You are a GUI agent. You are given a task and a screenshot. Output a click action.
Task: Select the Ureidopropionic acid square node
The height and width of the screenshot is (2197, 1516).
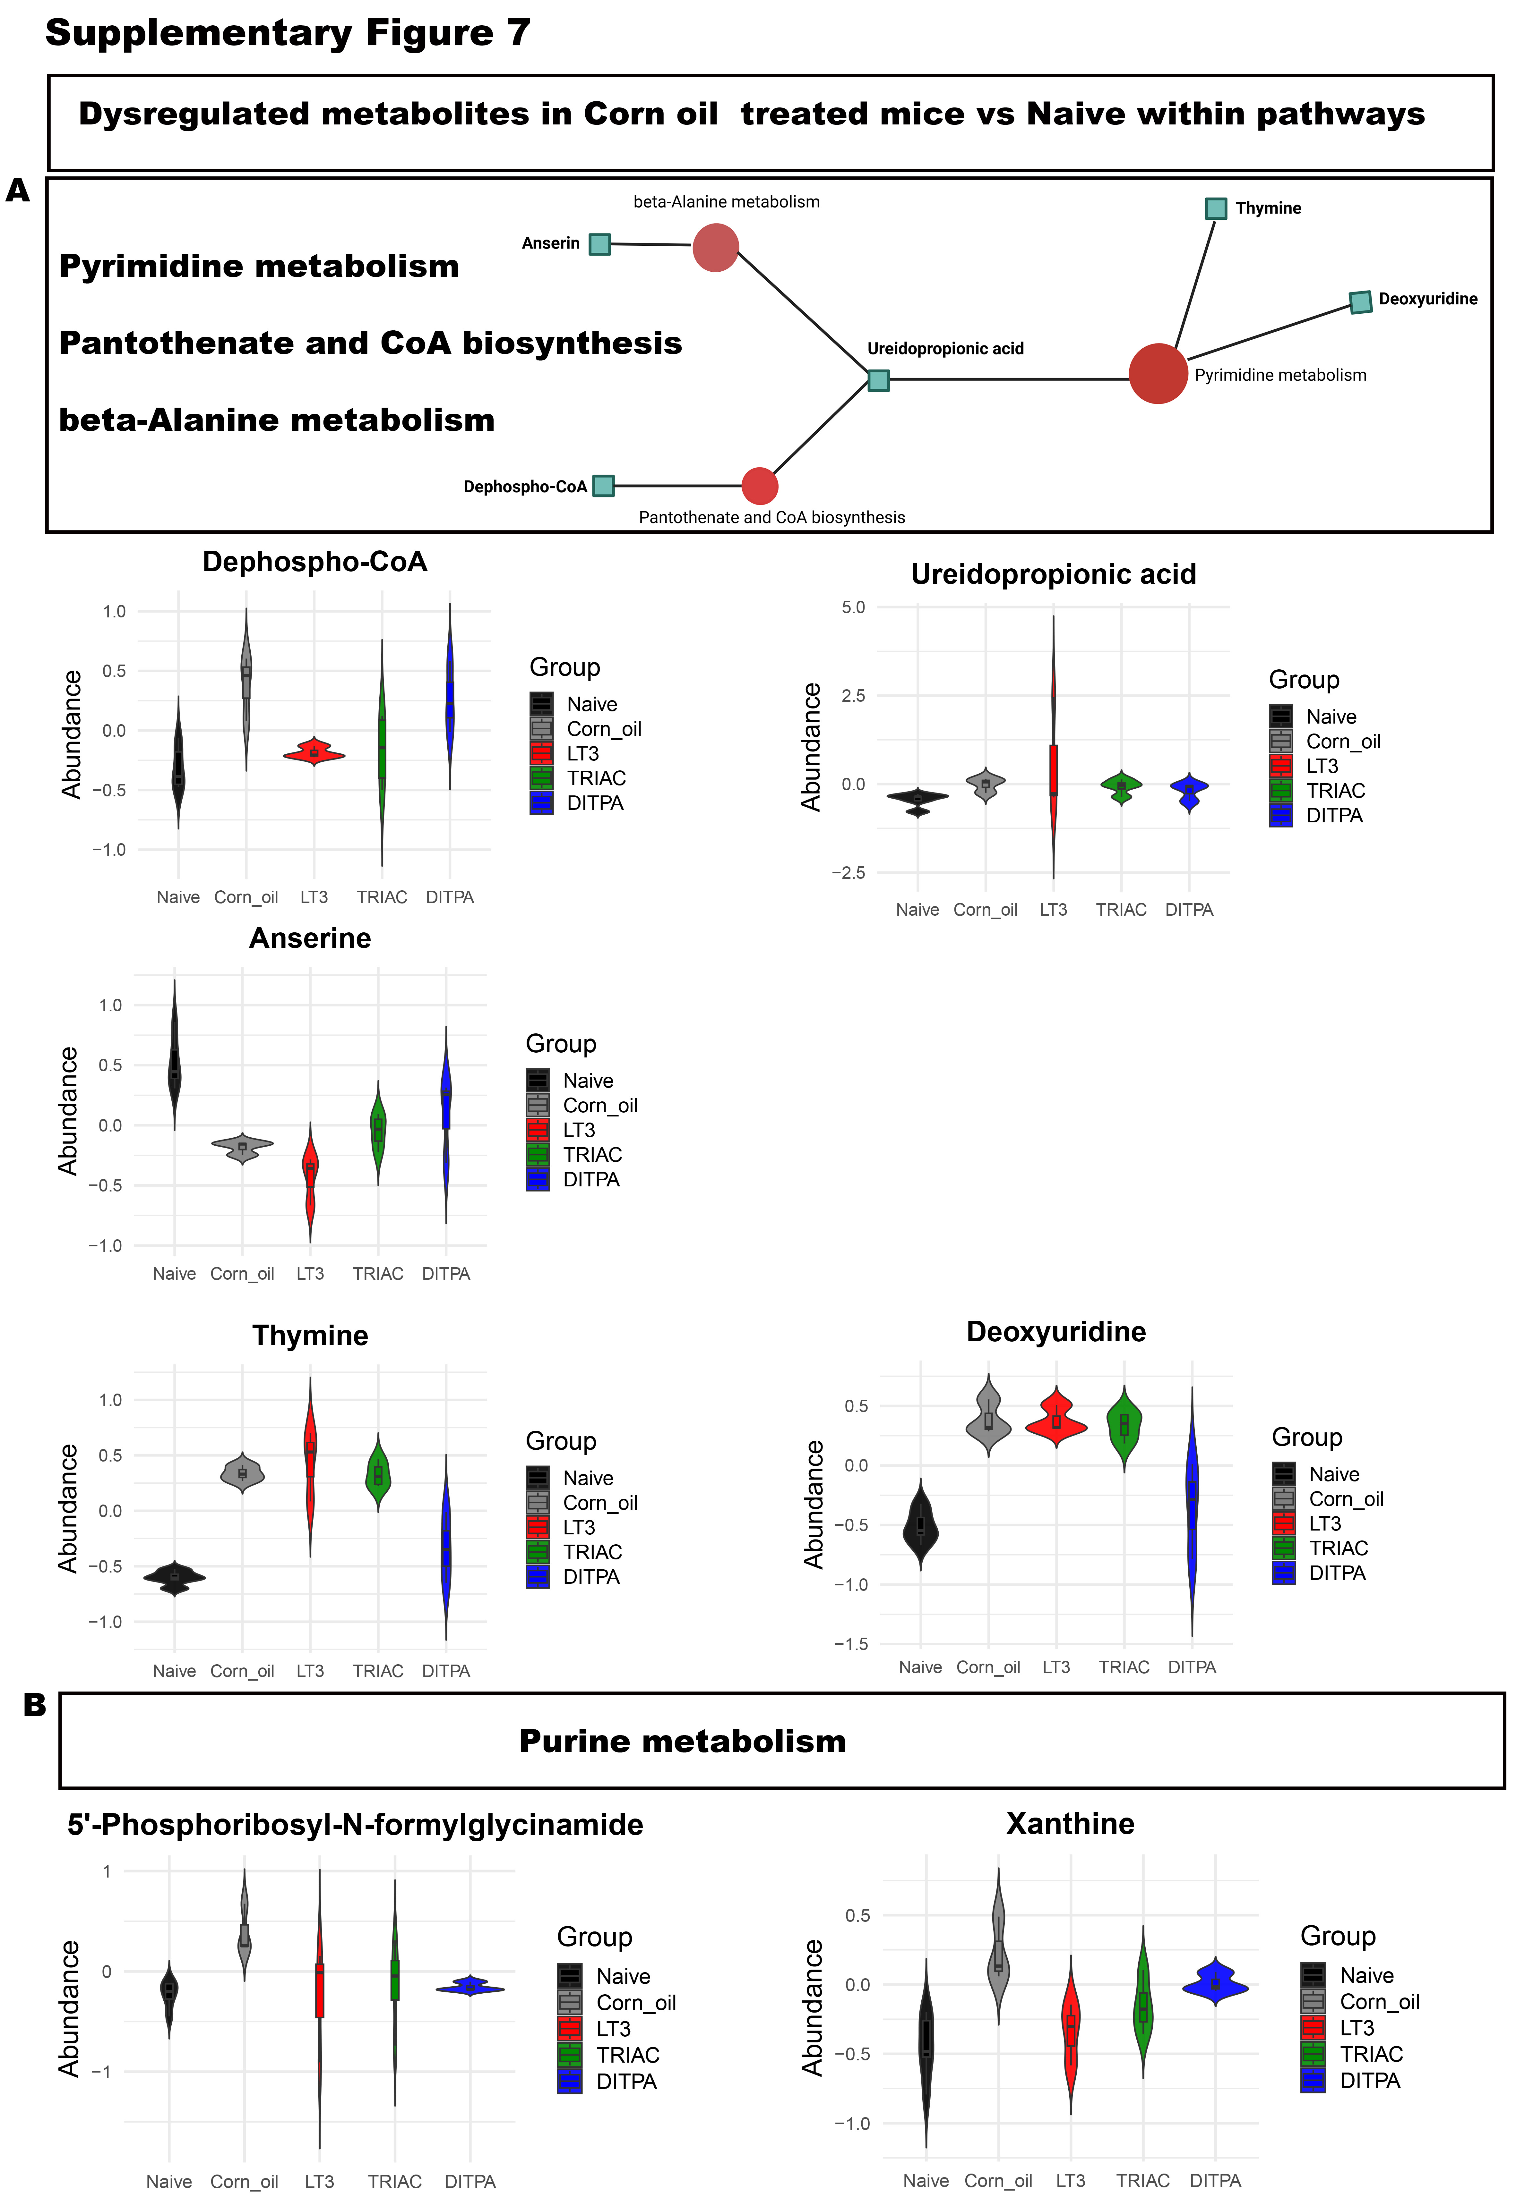[879, 381]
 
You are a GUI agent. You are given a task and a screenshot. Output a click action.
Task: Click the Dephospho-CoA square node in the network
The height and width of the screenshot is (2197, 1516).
[603, 486]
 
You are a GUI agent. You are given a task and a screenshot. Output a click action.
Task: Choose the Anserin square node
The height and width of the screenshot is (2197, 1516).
[599, 244]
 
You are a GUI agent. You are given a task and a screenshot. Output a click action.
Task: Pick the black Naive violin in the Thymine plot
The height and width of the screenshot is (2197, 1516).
[175, 1577]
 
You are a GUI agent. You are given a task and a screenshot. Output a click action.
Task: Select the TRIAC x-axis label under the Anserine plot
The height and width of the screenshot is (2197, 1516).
[378, 1273]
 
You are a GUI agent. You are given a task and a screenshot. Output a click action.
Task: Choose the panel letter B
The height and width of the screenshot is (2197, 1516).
[34, 1706]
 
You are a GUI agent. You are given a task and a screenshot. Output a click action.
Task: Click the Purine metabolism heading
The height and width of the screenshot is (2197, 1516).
[682, 1741]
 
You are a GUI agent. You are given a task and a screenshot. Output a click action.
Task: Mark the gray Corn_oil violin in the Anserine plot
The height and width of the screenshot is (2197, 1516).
[242, 1146]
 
